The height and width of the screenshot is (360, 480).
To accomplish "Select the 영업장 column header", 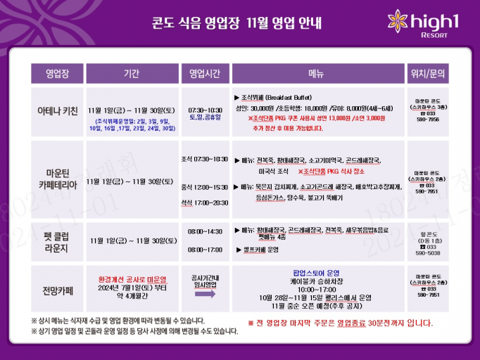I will point(57,73).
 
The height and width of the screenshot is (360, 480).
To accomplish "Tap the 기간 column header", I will point(131,73).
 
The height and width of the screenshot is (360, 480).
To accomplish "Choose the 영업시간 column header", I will point(205,73).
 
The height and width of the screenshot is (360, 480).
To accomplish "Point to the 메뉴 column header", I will point(315,73).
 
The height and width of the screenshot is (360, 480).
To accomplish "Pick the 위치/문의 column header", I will point(427,73).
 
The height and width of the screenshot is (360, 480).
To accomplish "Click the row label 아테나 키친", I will point(57,111).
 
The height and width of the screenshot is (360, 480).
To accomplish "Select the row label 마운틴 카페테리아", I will point(57,180).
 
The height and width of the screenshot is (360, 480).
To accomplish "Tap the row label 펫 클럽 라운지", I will point(57,241).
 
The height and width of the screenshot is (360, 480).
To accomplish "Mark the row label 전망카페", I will point(57,289).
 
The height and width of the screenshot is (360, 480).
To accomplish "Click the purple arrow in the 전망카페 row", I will point(205,297).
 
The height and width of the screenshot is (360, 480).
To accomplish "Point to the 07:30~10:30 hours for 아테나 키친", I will point(205,110).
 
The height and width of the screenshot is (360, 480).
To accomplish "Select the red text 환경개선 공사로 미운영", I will point(131,278).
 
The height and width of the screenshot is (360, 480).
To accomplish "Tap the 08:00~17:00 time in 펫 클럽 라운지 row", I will point(205,250).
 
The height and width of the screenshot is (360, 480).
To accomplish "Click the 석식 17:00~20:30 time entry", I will point(205,202).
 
